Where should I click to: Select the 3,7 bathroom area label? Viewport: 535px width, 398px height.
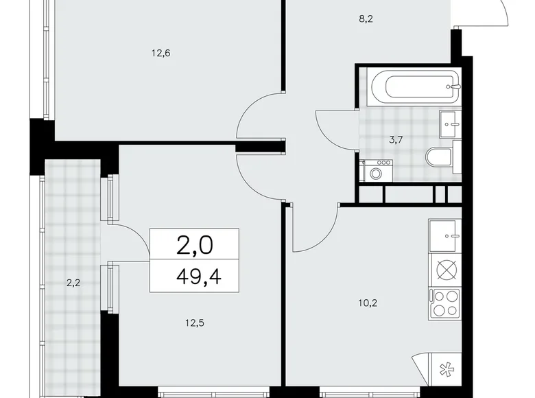[396, 140]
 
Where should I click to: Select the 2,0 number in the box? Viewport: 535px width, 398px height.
[194, 245]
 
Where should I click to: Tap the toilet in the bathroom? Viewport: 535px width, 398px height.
[439, 159]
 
